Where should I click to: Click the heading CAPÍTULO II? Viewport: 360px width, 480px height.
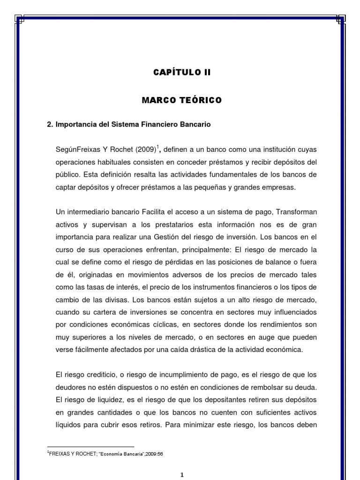(182, 72)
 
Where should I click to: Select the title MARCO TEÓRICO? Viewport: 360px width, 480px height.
(182, 100)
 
